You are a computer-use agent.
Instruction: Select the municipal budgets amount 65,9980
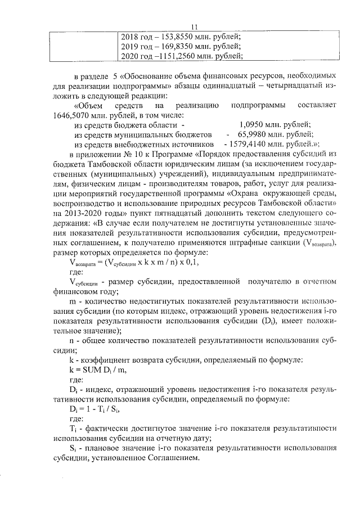(252, 135)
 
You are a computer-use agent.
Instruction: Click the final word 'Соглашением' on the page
(174, 458)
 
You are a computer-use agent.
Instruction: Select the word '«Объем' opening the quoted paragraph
(88, 106)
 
